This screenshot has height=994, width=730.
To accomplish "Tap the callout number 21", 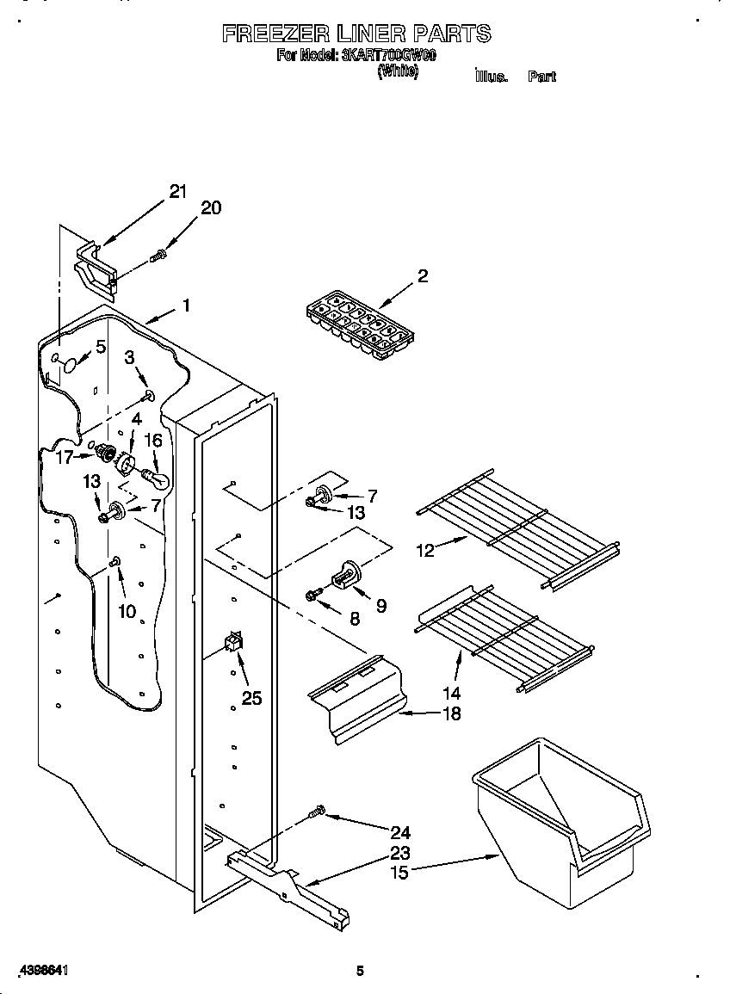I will (177, 192).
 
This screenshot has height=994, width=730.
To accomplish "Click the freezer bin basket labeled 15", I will (560, 821).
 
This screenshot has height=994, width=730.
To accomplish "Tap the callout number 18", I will (450, 713).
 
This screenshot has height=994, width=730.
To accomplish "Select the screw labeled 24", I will (316, 811).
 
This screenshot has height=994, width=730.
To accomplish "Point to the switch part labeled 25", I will (233, 644).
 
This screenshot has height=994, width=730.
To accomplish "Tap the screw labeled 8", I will (313, 594).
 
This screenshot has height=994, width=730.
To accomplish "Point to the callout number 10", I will (127, 612).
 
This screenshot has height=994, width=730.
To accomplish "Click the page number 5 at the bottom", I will (361, 971).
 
